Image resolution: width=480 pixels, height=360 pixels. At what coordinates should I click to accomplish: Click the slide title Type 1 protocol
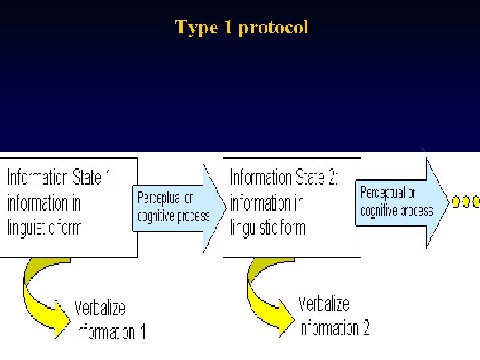click(x=241, y=27)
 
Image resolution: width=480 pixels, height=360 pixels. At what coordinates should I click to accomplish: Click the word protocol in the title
click(x=273, y=28)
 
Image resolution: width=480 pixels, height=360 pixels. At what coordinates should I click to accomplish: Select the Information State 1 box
click(x=69, y=206)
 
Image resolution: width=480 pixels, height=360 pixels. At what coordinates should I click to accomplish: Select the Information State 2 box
click(x=291, y=206)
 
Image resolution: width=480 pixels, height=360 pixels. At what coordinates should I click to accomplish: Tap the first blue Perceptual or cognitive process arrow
click(x=177, y=207)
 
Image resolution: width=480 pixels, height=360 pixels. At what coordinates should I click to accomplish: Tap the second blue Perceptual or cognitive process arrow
click(x=400, y=202)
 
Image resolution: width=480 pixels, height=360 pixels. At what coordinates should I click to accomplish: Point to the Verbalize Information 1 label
click(x=109, y=319)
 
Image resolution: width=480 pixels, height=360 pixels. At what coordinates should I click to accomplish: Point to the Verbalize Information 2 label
click(x=333, y=316)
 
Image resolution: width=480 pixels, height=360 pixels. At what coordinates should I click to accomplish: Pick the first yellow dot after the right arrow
click(x=456, y=201)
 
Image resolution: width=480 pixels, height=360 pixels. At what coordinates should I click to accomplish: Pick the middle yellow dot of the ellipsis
click(x=467, y=201)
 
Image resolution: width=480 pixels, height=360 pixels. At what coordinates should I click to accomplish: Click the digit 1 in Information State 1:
click(x=107, y=178)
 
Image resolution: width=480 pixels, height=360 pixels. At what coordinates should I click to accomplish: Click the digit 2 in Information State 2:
click(x=331, y=178)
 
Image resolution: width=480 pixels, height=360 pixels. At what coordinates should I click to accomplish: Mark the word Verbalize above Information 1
click(x=99, y=307)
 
